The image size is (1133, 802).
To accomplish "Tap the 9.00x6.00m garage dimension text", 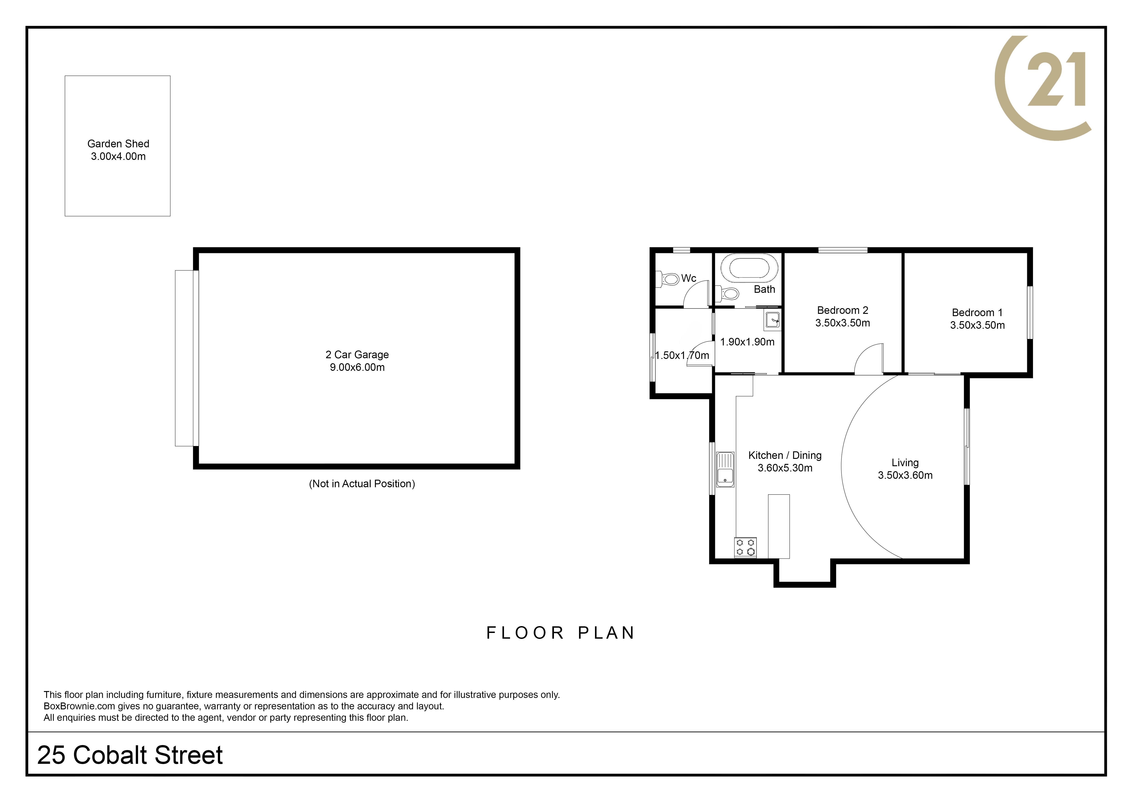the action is pos(357,367).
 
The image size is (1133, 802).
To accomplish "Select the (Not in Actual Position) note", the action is pos(362,484).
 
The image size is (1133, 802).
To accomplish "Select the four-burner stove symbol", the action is pos(745,548).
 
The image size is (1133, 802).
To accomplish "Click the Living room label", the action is pos(905,463).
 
